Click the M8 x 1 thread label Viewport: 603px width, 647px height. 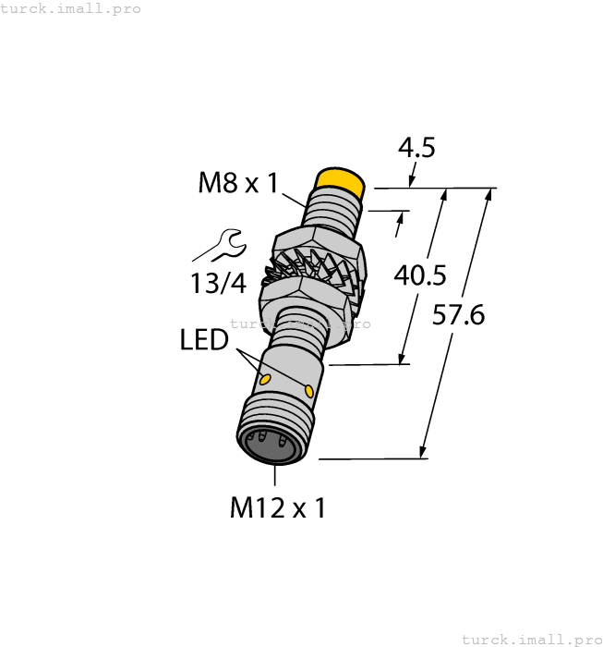(237, 183)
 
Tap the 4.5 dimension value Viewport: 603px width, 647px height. (416, 148)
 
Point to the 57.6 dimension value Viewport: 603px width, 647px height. (459, 315)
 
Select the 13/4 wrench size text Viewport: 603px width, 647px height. (219, 284)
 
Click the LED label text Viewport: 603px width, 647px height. (204, 340)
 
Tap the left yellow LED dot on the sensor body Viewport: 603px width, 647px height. (265, 380)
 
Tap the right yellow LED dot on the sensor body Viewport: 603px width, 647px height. (308, 393)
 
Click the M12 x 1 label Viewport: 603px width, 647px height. (277, 507)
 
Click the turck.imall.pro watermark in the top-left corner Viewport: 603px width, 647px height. (71, 8)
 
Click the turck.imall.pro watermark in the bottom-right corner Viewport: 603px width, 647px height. (531, 639)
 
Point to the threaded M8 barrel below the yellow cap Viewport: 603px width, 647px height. (332, 211)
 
